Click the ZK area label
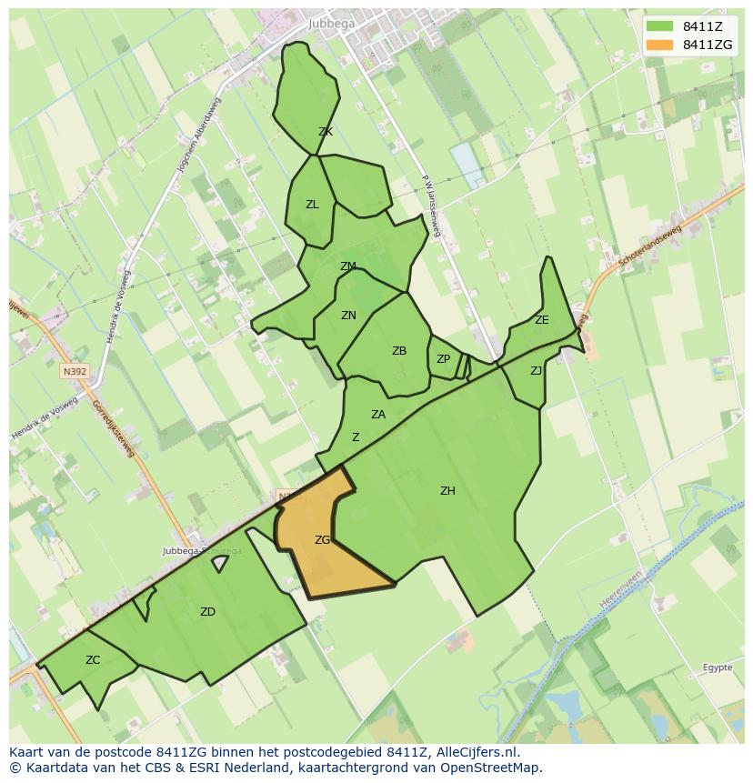326,132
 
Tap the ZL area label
312,205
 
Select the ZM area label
347,266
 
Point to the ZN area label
348,316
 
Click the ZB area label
399,351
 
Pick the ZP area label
443,359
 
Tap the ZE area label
542,320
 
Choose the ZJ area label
537,370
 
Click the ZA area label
378,415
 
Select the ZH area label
447,491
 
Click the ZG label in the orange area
322,540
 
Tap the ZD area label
207,612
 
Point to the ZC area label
93,660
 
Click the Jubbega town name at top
331,24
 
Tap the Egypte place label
718,668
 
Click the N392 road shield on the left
74,371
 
